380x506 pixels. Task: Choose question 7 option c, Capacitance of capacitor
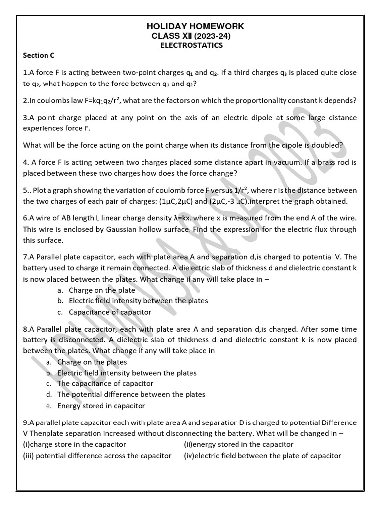click(x=110, y=312)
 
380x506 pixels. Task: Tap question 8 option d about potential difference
click(x=131, y=394)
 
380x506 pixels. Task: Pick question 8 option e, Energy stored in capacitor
click(x=101, y=406)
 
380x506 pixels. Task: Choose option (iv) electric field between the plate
click(x=262, y=456)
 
